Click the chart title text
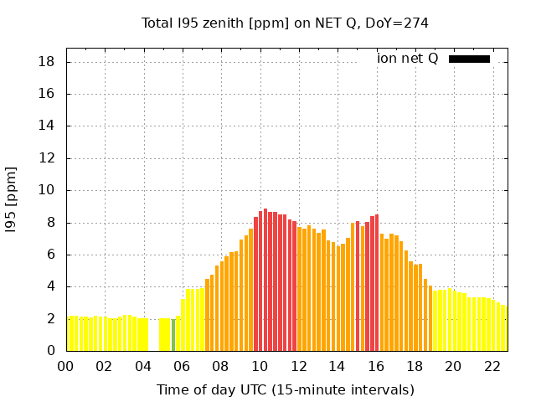click(285, 23)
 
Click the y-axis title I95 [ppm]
click(12, 199)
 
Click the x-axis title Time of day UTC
click(285, 389)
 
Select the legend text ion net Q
click(407, 58)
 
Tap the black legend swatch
click(469, 59)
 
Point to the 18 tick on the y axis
click(47, 62)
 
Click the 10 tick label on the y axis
click(47, 190)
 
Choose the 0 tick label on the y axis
click(51, 351)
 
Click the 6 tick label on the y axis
click(51, 255)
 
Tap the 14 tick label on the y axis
click(47, 126)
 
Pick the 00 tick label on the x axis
click(66, 366)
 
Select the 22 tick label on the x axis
click(492, 366)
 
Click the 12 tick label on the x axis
click(298, 366)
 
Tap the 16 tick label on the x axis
click(375, 366)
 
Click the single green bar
click(173, 335)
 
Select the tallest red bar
click(265, 281)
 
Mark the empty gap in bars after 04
click(153, 335)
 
